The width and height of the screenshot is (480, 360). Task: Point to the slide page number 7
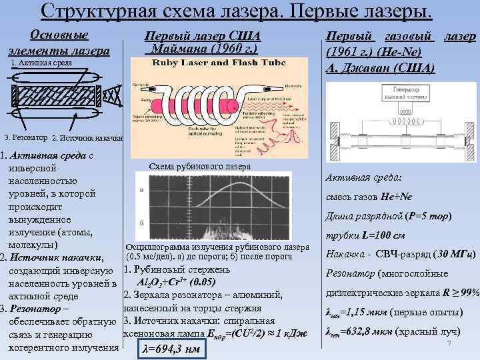coord(450,343)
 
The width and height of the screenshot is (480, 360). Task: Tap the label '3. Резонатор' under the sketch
coord(25,137)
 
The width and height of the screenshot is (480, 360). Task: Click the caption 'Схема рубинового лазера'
coord(200,166)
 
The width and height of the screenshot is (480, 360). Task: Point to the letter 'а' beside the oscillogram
coord(141,190)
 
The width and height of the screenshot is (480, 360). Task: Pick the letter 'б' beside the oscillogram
coord(141,222)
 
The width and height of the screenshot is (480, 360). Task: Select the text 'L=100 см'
coord(383,235)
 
